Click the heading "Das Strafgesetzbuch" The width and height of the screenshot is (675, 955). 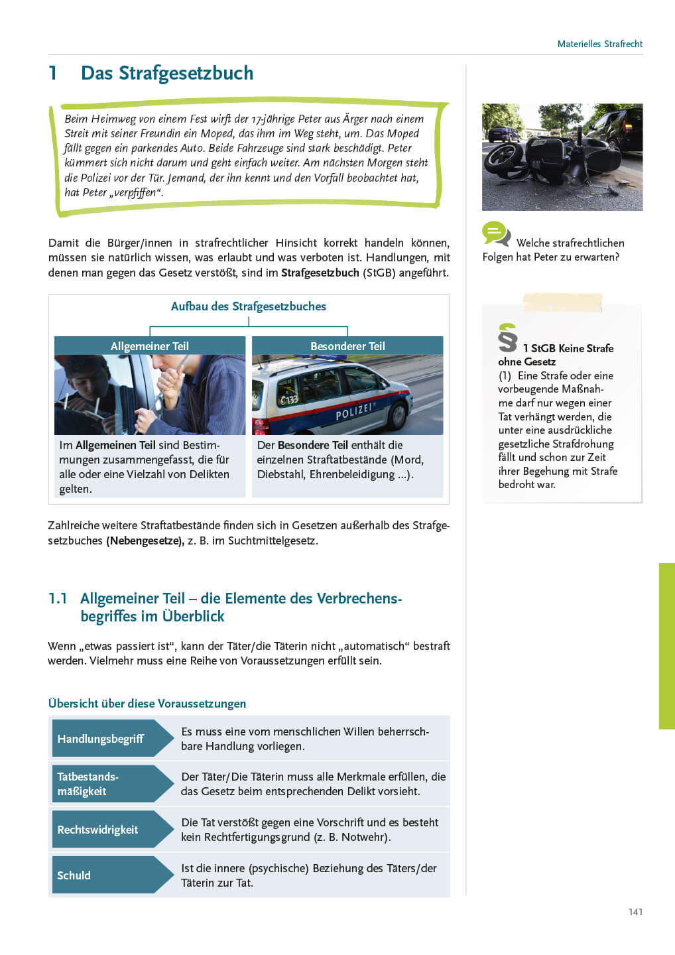(166, 73)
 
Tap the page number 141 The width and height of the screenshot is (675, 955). (635, 912)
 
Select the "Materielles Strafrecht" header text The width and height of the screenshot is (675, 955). (599, 44)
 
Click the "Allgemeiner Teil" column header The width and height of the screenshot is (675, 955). (149, 346)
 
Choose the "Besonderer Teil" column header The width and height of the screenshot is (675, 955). (347, 346)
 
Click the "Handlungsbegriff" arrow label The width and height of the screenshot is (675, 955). (101, 739)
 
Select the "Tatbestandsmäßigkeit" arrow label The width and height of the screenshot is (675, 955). (88, 784)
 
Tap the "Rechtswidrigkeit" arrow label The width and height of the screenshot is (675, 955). (97, 830)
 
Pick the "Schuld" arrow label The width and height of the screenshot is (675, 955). (74, 875)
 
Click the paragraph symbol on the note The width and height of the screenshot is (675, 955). (507, 338)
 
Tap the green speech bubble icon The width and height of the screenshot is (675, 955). (495, 233)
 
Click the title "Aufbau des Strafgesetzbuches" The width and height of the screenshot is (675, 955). (249, 306)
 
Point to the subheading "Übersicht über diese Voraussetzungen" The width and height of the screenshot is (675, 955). (147, 704)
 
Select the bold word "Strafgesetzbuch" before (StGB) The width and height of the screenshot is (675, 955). (320, 273)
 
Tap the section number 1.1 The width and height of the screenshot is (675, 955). (58, 598)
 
